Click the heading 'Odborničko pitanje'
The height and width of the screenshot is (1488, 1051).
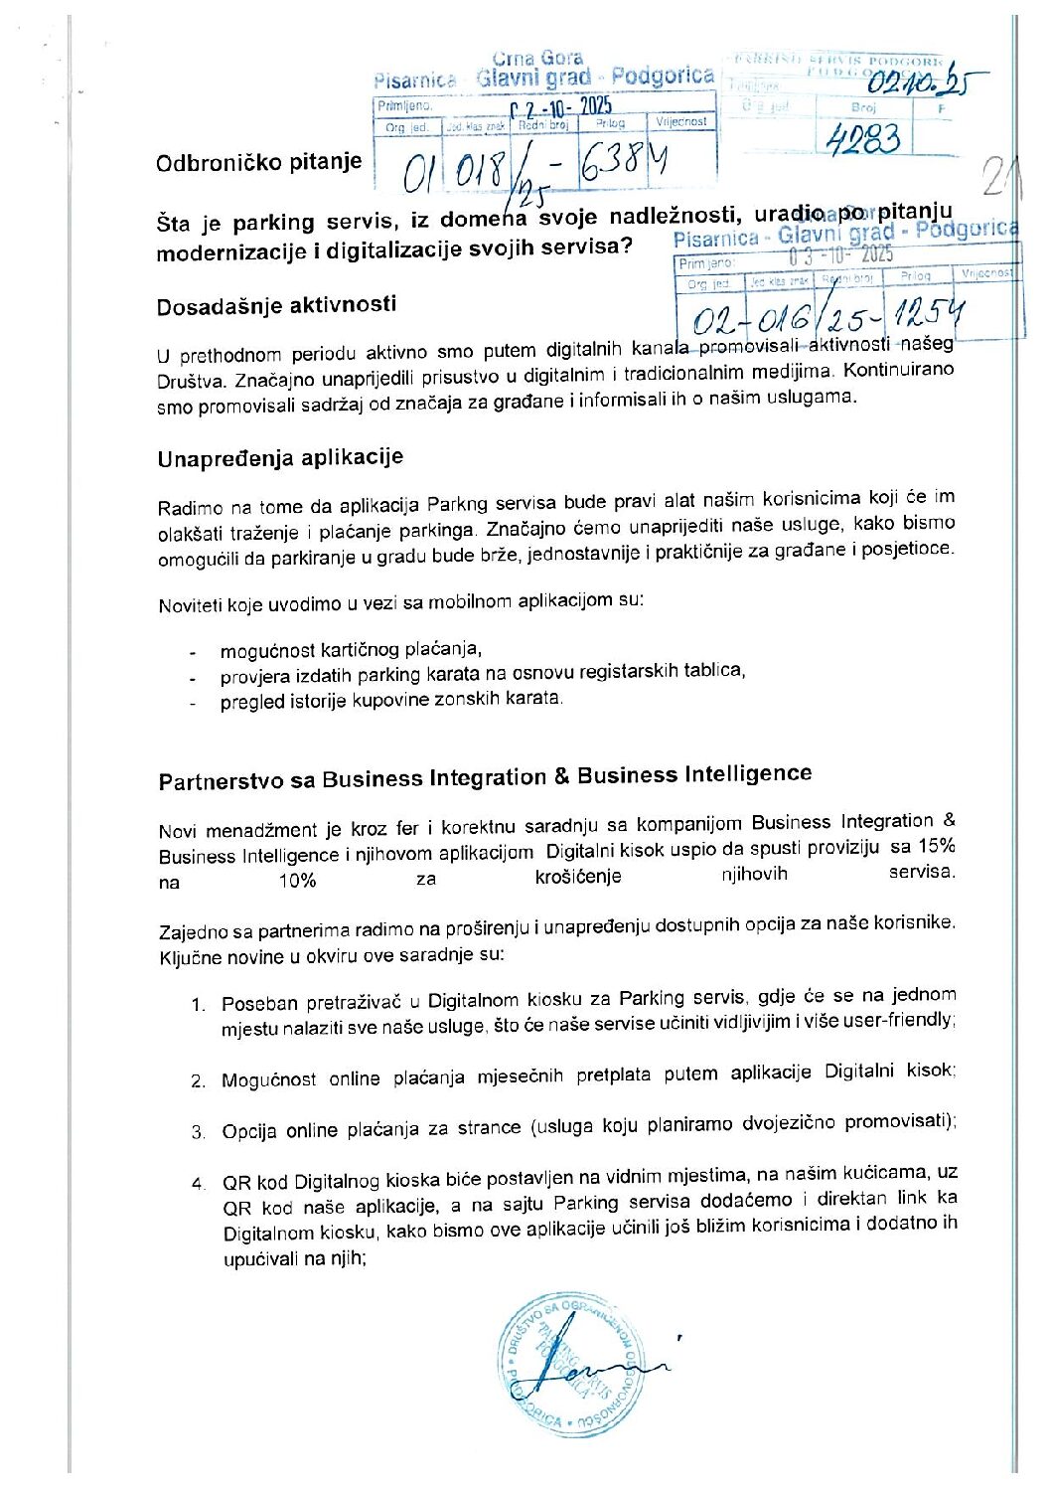tap(258, 162)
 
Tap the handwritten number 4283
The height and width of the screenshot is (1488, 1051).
tap(863, 139)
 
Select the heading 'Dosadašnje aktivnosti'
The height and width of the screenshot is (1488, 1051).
tap(276, 305)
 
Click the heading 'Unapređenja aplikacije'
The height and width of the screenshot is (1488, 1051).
tap(280, 458)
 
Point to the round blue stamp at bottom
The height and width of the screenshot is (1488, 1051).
tap(571, 1364)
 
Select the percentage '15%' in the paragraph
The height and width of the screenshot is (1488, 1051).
tap(936, 846)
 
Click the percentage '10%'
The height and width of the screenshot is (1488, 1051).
tap(297, 881)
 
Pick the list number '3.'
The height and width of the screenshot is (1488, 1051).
tap(199, 1132)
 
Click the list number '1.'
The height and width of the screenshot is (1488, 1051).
tap(199, 1005)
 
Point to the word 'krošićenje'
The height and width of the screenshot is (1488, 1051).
tap(577, 877)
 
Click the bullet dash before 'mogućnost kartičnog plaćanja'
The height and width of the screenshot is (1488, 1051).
tap(192, 653)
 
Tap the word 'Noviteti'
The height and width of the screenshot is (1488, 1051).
tap(190, 605)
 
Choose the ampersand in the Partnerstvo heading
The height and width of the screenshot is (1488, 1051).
tap(561, 776)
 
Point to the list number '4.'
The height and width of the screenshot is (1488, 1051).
tap(200, 1183)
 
